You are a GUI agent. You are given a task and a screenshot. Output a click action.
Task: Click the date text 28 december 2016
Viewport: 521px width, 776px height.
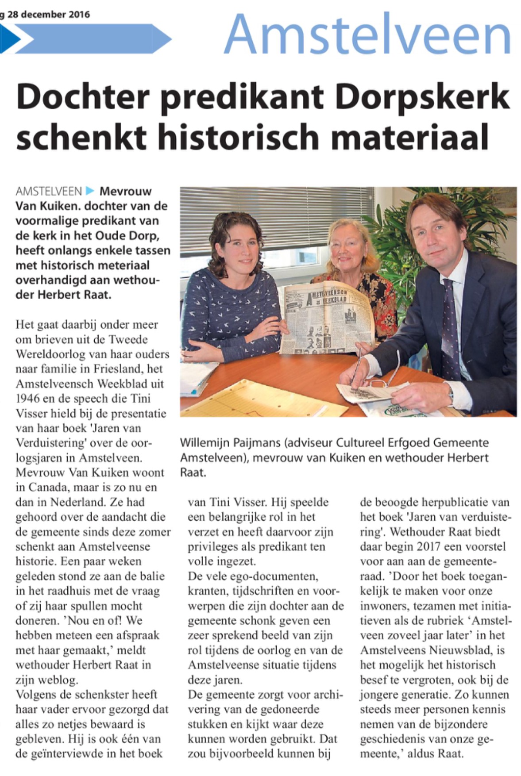click(49, 15)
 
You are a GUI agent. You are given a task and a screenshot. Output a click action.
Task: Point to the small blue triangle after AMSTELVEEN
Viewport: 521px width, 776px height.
click(90, 191)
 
